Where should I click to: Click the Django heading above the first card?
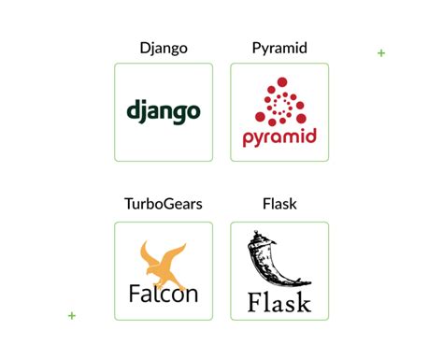163,48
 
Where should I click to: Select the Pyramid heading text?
279,48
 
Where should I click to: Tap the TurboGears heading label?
163,204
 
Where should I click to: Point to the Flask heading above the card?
279,204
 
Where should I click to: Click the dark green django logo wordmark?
163,112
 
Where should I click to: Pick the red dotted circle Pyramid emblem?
279,102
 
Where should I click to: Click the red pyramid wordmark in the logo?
279,138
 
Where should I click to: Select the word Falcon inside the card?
163,294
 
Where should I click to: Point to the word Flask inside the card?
279,302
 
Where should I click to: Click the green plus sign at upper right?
381,53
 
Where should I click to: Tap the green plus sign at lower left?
72,316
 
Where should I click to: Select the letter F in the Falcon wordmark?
135,294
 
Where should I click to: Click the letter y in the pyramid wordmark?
260,140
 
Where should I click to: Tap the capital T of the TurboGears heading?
128,204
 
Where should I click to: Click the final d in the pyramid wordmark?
311,137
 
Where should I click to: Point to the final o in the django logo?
193,113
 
